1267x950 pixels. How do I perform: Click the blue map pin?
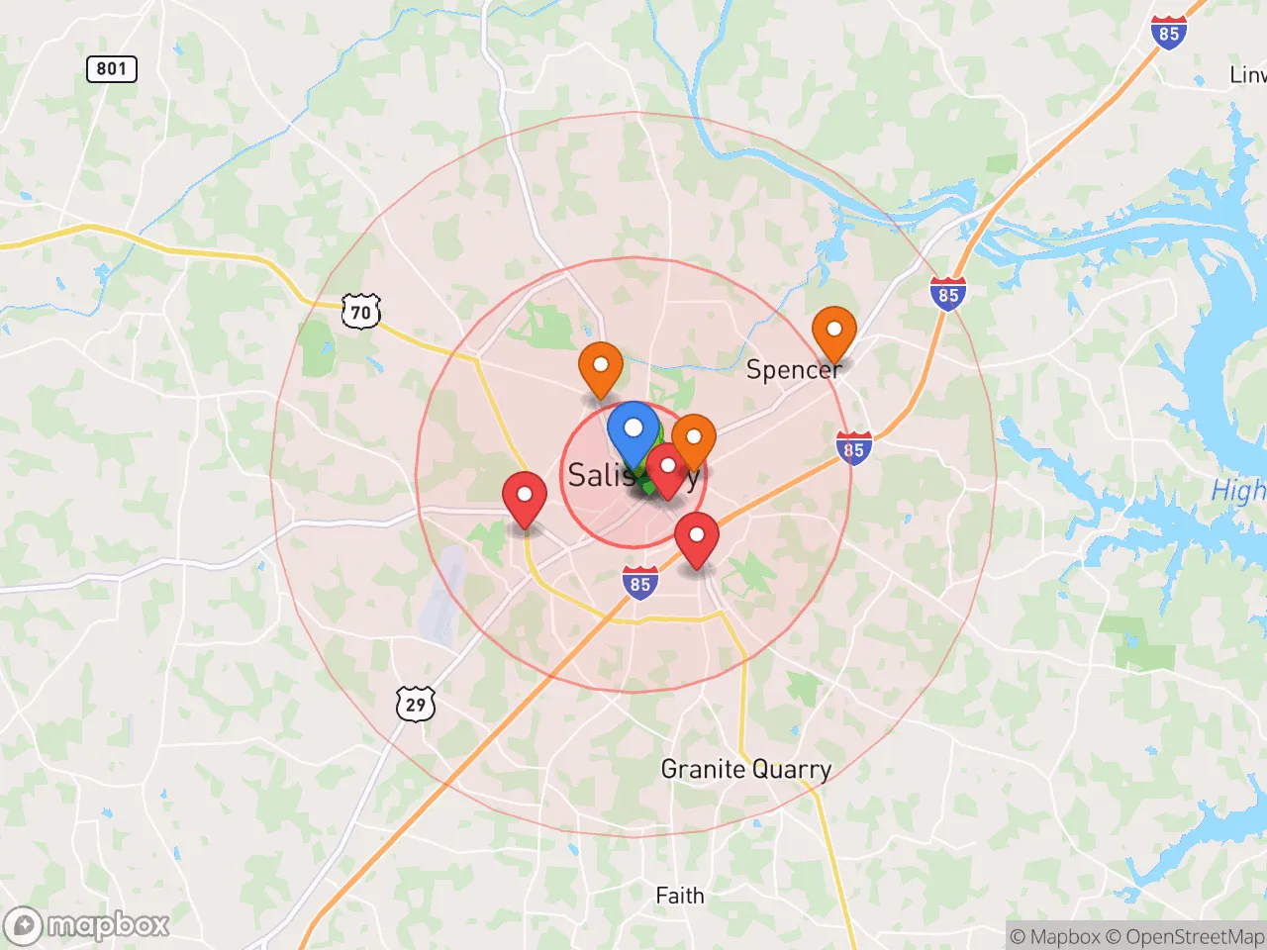633,430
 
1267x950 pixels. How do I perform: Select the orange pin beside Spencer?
834,330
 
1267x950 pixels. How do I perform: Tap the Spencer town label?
793,370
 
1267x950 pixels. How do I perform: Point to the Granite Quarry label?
745,769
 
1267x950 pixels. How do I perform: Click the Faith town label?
680,896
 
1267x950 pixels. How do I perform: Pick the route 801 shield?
111,68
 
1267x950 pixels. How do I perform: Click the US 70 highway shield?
360,312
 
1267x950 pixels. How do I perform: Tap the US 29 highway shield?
416,704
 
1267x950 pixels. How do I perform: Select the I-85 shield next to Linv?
1169,33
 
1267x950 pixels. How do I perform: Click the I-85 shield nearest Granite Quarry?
640,583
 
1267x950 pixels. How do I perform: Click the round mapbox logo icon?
23,926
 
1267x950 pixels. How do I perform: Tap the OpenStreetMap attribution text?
1195,936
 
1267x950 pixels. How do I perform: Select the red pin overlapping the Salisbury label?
667,466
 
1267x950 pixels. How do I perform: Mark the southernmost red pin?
697,535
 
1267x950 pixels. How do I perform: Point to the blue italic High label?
1238,490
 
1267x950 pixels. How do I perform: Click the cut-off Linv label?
1247,75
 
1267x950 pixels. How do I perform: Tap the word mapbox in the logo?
108,925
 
